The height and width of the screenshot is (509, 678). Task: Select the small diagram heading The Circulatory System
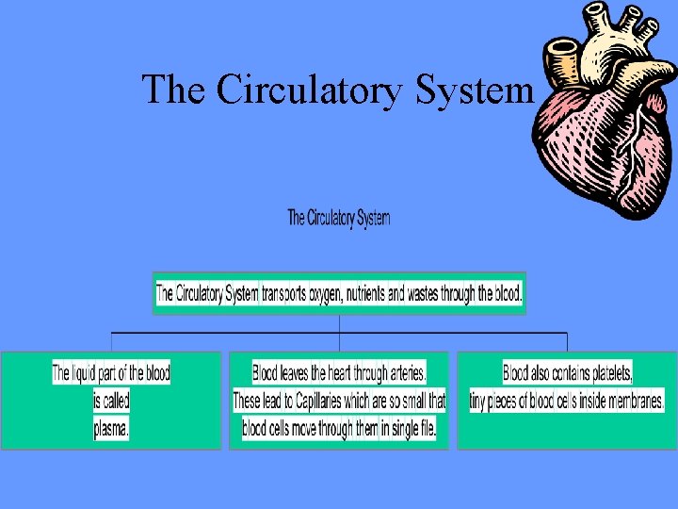[338, 219]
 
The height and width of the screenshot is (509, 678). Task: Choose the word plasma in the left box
[111, 429]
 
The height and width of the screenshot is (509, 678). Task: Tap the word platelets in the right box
[607, 373]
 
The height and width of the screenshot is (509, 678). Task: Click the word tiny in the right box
[479, 402]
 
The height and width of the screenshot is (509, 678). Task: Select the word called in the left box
[111, 402]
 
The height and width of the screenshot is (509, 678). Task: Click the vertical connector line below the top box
[339, 324]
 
